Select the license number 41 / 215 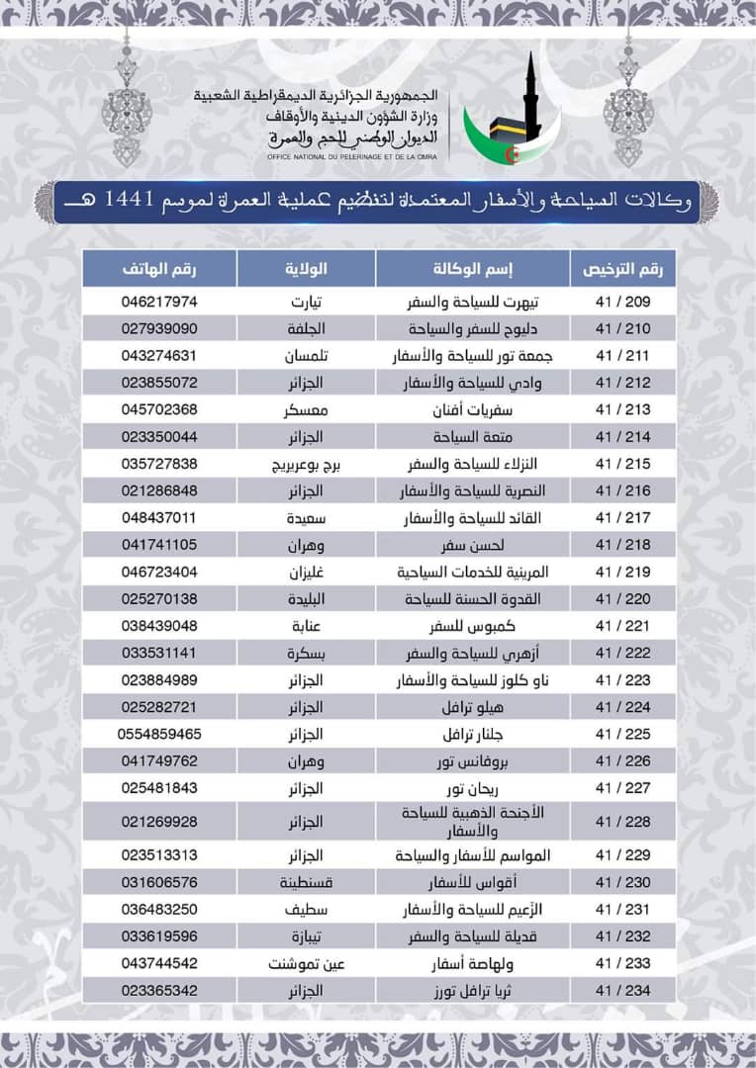(622, 464)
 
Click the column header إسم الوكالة (472, 269)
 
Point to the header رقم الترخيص (622, 269)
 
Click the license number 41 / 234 (622, 990)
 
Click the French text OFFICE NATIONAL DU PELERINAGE (351, 157)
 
